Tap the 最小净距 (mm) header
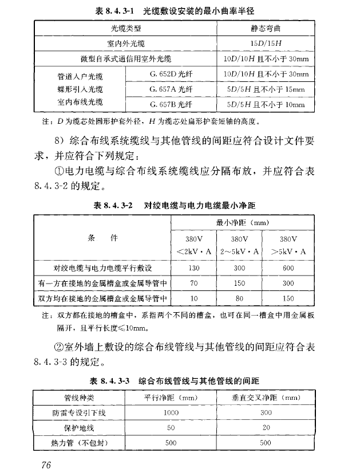coord(242,222)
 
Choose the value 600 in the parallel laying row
coord(288,267)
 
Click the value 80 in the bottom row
coord(240,298)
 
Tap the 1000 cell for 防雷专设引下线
coord(171,412)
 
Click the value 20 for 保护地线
coord(266,428)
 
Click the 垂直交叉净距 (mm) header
coord(266,397)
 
